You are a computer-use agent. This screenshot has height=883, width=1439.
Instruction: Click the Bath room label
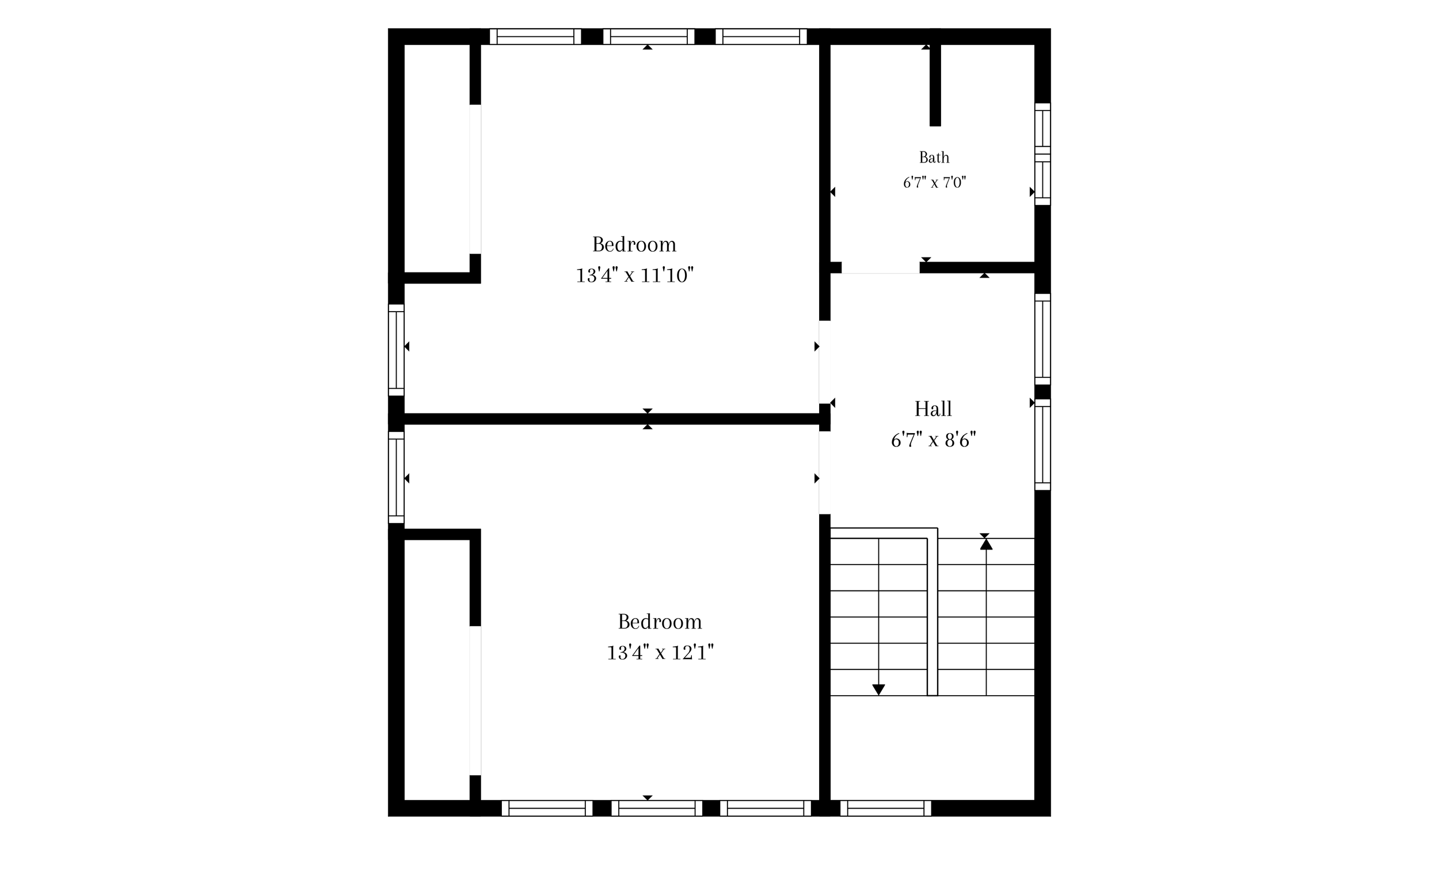(x=934, y=157)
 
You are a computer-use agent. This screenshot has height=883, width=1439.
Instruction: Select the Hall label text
(x=932, y=409)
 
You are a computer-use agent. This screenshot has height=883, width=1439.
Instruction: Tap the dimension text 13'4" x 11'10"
(x=635, y=275)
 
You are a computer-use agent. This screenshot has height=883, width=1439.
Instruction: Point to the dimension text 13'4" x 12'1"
(x=661, y=653)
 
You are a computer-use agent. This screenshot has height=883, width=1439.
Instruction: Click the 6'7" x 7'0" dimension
(x=934, y=183)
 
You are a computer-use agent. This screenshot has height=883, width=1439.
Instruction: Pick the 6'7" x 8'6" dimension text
(x=933, y=440)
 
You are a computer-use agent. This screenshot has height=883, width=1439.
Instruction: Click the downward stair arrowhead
(x=878, y=690)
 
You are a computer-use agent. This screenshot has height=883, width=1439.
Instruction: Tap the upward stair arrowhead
(x=987, y=544)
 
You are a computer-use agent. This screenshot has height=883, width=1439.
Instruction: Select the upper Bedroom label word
(x=634, y=244)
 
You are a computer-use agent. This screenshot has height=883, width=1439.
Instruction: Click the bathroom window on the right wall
(x=1042, y=154)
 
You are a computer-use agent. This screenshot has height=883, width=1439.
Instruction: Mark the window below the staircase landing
(x=885, y=808)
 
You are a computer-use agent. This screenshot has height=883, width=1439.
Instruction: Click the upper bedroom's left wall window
(x=396, y=350)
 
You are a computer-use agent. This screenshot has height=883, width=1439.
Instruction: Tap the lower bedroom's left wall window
(x=396, y=477)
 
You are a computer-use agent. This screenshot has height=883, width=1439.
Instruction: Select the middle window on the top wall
(x=648, y=36)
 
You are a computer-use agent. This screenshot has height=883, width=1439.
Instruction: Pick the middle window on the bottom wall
(x=656, y=808)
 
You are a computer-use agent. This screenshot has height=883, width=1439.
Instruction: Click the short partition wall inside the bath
(x=935, y=85)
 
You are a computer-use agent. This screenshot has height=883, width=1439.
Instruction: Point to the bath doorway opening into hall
(x=881, y=268)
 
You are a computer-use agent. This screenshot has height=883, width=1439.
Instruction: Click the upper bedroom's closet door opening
(x=475, y=179)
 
